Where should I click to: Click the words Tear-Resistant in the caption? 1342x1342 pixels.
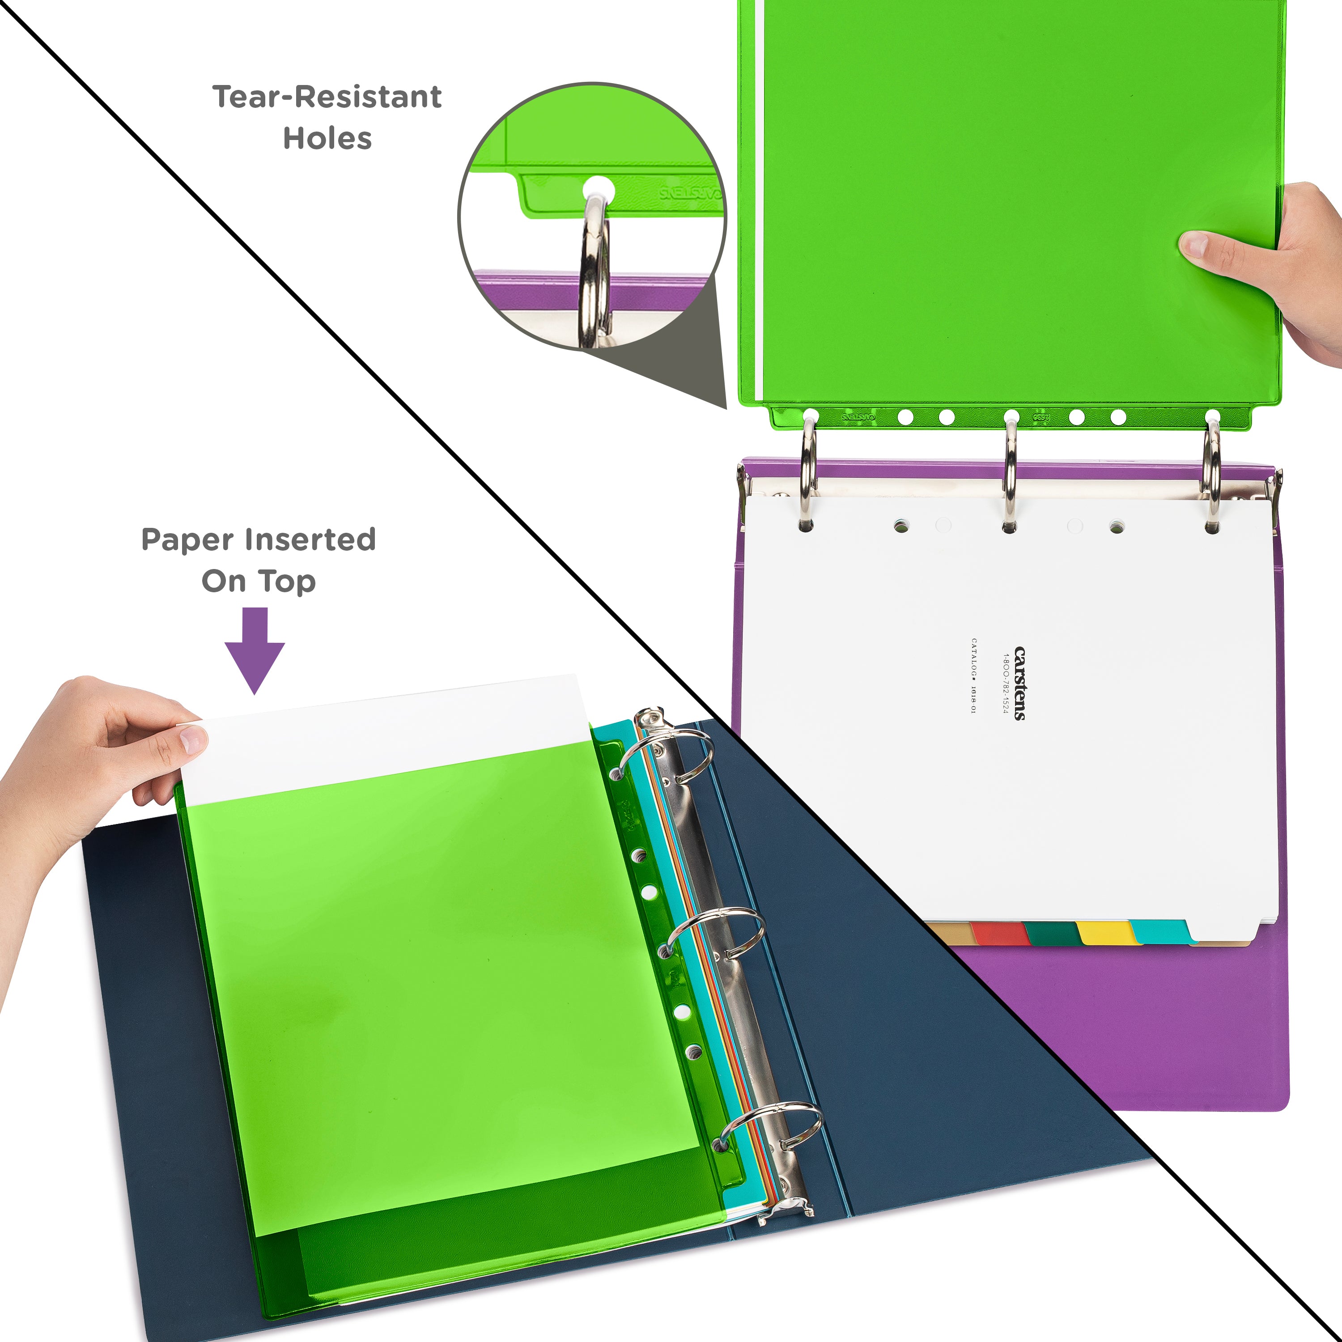point(327,97)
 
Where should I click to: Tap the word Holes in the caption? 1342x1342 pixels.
point(327,138)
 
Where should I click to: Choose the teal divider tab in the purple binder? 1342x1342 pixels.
point(1159,931)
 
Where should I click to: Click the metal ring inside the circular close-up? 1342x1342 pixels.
point(595,271)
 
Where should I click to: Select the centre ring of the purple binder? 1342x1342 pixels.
point(1010,472)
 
